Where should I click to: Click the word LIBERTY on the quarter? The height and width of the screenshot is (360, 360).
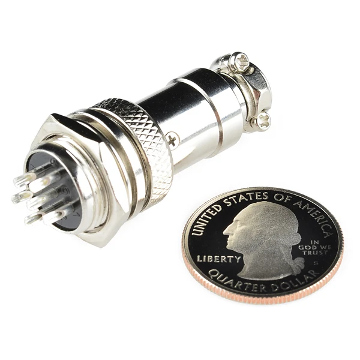point(219,259)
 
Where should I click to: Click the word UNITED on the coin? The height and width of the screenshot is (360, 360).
point(206,220)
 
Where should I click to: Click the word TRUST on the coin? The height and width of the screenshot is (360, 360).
point(315,253)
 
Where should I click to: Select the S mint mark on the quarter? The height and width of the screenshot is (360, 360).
point(316,263)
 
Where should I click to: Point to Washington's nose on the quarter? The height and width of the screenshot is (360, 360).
point(227,232)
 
